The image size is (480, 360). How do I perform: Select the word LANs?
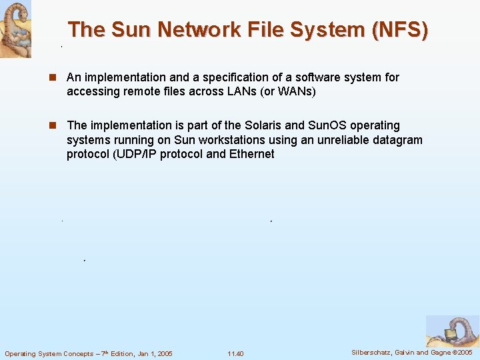click(x=233, y=92)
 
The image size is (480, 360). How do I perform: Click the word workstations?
click(x=228, y=140)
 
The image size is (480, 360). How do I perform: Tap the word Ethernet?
click(x=251, y=155)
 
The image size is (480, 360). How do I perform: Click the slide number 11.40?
click(x=235, y=353)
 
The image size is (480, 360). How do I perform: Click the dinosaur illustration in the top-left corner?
click(x=15, y=29)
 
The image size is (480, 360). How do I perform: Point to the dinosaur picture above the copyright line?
click(x=452, y=331)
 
